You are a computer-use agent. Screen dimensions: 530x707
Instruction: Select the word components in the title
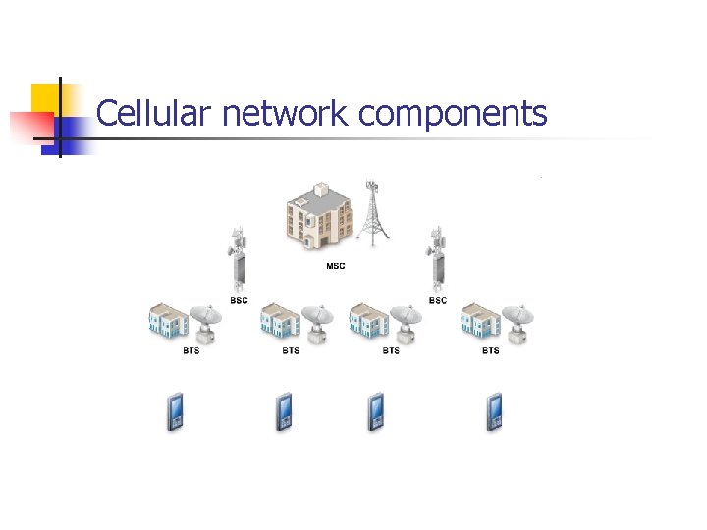click(x=453, y=114)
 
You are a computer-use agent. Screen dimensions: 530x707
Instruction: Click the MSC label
click(x=335, y=266)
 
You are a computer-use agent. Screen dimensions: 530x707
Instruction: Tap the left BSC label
click(x=239, y=300)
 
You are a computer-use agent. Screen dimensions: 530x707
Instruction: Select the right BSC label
click(x=438, y=300)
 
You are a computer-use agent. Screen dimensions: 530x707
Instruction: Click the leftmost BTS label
click(x=190, y=350)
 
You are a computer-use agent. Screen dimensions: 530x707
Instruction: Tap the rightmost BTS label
click(x=490, y=350)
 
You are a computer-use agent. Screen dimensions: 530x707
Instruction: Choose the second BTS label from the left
click(x=291, y=350)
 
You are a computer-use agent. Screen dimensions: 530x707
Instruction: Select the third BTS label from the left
click(x=391, y=350)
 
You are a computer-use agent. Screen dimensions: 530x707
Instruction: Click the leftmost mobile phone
click(x=175, y=411)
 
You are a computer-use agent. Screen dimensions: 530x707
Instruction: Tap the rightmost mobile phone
click(x=494, y=411)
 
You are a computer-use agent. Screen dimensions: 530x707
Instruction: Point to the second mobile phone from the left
click(x=284, y=411)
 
